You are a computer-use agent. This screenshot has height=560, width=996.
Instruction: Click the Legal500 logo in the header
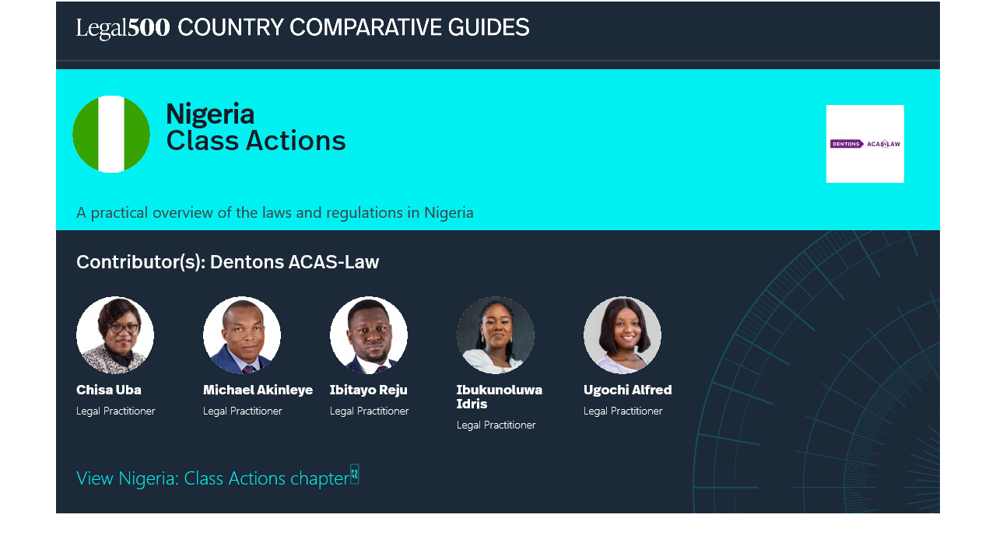coord(123,28)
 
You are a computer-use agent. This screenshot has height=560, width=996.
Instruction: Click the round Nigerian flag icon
coord(111,134)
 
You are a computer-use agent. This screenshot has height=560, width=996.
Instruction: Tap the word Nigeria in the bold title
coord(210,114)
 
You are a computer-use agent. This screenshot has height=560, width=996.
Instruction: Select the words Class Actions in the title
coord(256,141)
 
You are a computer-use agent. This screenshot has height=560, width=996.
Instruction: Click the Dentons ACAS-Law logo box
coord(864,144)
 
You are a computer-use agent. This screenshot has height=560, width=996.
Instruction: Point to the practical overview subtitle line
coord(275,213)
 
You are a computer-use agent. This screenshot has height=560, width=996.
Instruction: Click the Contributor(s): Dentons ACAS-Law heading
coord(228,262)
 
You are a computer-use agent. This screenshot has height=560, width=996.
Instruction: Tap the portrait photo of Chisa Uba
coord(115,334)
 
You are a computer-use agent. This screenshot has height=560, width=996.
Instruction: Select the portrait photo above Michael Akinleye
coord(242,334)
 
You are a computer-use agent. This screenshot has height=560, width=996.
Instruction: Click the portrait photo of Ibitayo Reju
coord(369,334)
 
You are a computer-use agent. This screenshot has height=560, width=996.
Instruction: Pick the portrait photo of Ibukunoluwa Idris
coord(496,334)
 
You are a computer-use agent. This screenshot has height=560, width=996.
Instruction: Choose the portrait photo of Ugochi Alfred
coord(622,334)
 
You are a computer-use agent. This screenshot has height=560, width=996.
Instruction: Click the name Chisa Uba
coord(108,390)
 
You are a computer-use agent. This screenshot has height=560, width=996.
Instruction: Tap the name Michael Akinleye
coord(258,390)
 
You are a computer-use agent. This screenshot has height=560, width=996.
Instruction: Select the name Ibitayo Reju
coord(368,390)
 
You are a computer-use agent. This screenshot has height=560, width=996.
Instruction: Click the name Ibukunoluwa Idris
coord(500,397)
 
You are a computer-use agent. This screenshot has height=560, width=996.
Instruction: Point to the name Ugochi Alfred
coord(627,390)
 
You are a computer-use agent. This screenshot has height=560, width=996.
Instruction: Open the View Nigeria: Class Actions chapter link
coord(213,478)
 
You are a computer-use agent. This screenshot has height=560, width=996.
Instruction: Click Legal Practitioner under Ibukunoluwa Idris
coord(496,425)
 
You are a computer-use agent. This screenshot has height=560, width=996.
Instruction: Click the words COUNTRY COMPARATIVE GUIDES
coord(353,27)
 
